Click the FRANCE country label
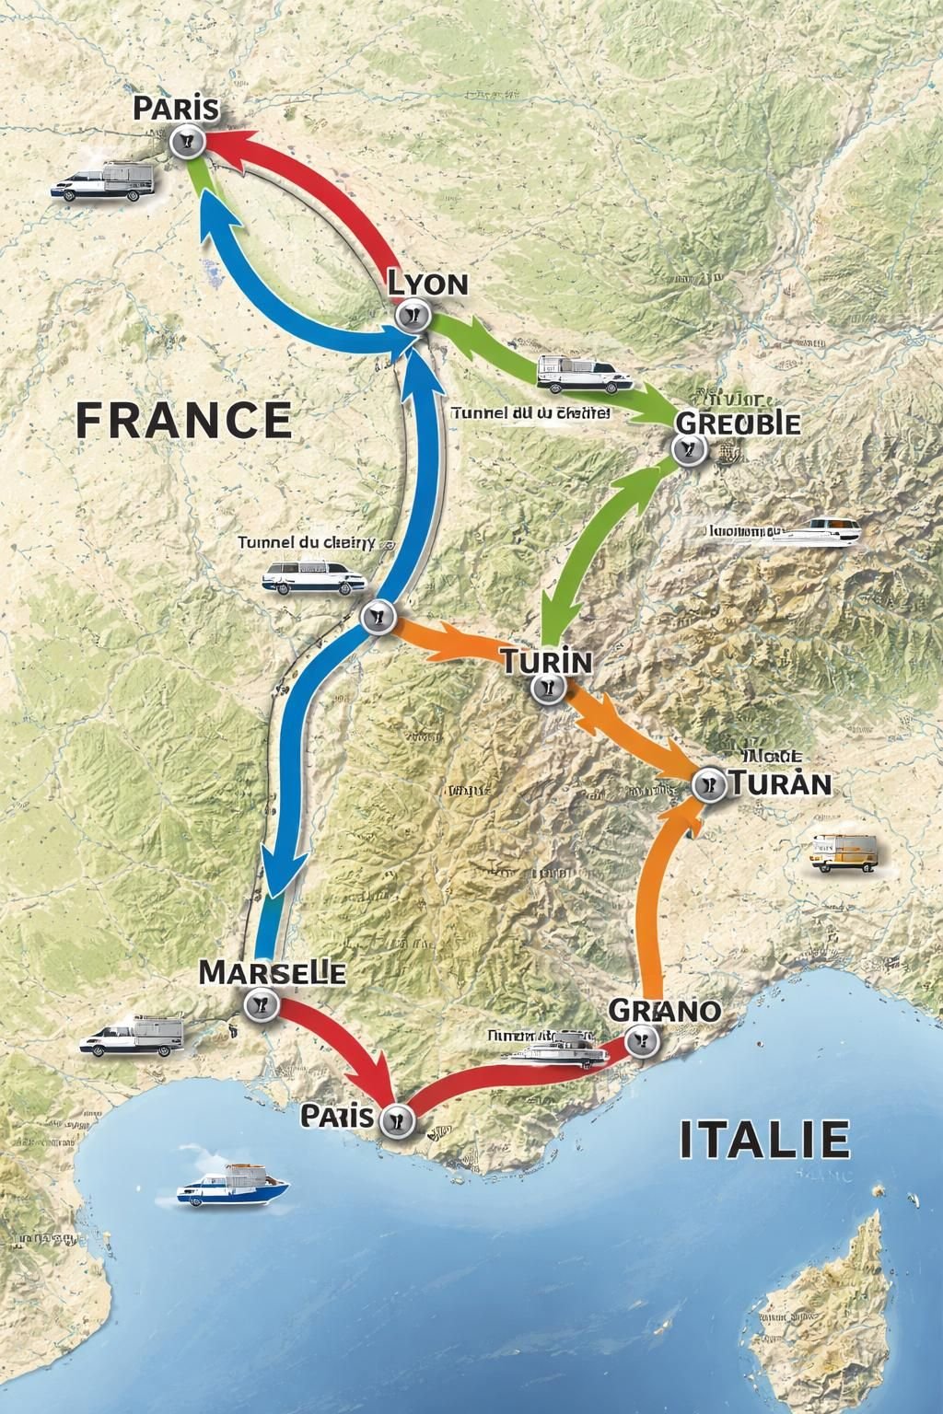click(x=183, y=420)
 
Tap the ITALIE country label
click(x=764, y=1139)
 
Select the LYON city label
click(x=427, y=283)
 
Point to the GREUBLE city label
click(x=738, y=423)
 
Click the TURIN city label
click(x=547, y=660)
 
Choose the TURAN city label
click(x=781, y=783)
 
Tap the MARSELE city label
click(x=273, y=972)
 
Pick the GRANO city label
click(x=664, y=1010)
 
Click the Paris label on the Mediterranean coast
click(x=337, y=1116)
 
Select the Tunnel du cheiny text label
click(x=306, y=542)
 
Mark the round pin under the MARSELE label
click(x=262, y=1005)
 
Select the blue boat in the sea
click(x=232, y=1187)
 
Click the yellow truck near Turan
click(x=843, y=852)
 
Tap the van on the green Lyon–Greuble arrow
click(x=583, y=374)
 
